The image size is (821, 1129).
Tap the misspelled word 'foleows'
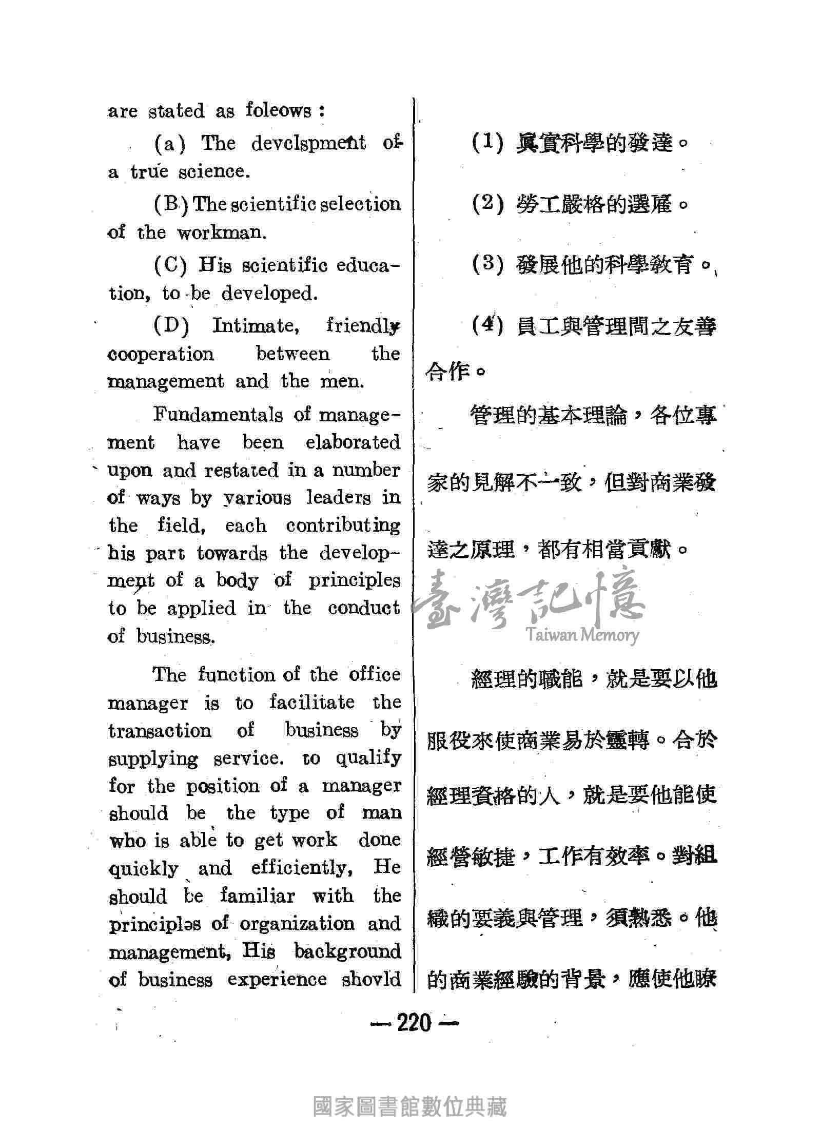[279, 110]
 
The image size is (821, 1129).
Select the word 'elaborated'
[353, 442]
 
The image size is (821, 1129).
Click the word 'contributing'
[343, 525]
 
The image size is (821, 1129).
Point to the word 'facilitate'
[312, 702]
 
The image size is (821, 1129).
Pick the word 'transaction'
[160, 730]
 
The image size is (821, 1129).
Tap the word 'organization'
[297, 924]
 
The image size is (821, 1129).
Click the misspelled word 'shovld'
[372, 979]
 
